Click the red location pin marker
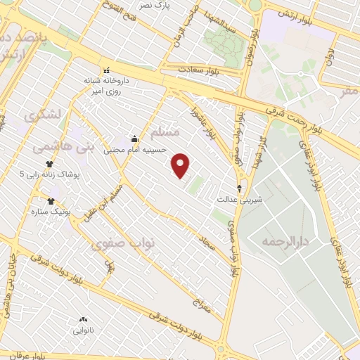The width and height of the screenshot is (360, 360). [181, 166]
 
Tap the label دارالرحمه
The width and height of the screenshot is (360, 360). [285, 241]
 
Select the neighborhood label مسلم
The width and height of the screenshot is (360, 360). [166, 132]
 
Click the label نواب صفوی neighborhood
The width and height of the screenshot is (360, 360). [117, 243]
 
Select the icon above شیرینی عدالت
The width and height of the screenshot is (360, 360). [240, 188]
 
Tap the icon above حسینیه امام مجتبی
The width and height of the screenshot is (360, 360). [134, 139]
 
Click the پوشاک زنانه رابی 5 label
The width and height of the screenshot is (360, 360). [49, 174]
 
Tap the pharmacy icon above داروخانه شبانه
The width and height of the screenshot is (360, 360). [107, 70]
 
